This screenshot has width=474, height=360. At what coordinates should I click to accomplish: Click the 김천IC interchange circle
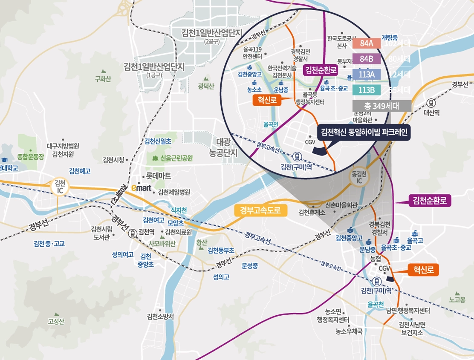pyautogui.click(x=60, y=186)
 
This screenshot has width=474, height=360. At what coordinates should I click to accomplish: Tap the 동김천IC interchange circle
pyautogui.click(x=359, y=178)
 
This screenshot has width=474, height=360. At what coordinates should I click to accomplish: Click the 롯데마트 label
pyautogui.click(x=159, y=176)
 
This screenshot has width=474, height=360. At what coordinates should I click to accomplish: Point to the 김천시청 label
pyautogui.click(x=113, y=160)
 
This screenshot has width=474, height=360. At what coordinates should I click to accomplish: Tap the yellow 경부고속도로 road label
pyautogui.click(x=261, y=210)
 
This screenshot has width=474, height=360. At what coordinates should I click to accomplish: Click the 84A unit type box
pyautogui.click(x=366, y=43)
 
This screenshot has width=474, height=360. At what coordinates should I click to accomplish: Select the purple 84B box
pyautogui.click(x=366, y=59)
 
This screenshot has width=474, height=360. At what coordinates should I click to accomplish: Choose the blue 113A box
pyautogui.click(x=366, y=75)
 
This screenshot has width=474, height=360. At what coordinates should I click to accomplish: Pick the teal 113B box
pyautogui.click(x=366, y=90)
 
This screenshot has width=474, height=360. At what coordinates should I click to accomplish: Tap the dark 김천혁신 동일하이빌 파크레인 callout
pyautogui.click(x=364, y=132)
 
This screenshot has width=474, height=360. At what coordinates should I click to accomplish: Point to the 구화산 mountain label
pyautogui.click(x=103, y=79)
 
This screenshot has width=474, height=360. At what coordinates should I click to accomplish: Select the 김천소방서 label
pyautogui.click(x=160, y=317)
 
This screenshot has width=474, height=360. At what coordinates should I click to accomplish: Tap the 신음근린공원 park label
pyautogui.click(x=176, y=158)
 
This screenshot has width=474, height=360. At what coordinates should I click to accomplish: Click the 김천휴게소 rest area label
pyautogui.click(x=312, y=213)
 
